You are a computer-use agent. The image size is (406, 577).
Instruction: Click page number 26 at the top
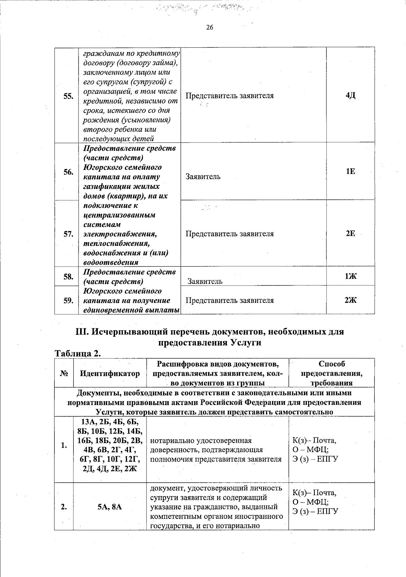pos(210,27)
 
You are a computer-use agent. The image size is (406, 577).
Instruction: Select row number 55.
pos(68,96)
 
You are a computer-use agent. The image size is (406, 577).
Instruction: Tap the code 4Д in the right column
pos(351,95)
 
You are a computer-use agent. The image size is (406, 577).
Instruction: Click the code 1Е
pos(351,172)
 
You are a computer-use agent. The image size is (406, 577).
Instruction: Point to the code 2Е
pos(351,234)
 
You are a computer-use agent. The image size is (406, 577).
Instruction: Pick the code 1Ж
pos(351,276)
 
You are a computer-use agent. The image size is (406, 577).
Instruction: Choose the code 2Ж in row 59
pos(351,300)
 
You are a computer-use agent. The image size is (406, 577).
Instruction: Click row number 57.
pos(68,234)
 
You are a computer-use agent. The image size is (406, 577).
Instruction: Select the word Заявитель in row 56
pos(203,177)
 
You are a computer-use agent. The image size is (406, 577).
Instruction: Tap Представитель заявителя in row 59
pos(230,301)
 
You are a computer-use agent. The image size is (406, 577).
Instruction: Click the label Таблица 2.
pos(78,354)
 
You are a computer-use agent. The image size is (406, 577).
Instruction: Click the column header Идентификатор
pos(110,374)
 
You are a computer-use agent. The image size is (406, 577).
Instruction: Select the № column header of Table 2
pos(64,374)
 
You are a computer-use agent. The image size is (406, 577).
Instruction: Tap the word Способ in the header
pos(332,364)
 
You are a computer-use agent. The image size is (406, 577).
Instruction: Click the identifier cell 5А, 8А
pos(110,507)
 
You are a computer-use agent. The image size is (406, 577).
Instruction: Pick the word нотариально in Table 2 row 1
pos(167,441)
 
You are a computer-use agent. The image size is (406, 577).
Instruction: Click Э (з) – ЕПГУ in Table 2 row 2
pos(315,511)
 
